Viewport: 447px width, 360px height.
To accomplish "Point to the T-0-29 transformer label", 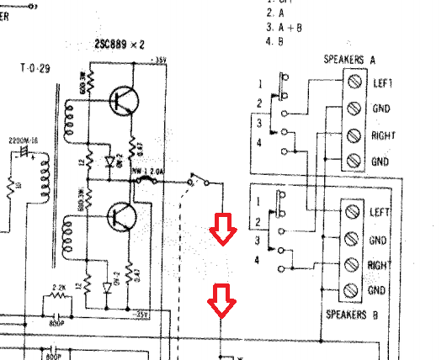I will tap(36, 67).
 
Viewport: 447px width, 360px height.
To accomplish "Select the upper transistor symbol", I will tap(124, 100).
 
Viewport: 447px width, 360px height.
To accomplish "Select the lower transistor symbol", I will tap(124, 217).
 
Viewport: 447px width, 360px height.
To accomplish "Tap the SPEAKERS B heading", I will tap(353, 315).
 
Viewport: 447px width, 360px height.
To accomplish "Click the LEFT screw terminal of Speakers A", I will tap(354, 82).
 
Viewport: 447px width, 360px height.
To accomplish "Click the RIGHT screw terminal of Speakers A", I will tap(354, 135).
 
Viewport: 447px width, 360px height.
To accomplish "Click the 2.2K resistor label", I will tap(58, 289).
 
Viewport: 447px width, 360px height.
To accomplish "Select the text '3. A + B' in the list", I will tap(285, 26).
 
